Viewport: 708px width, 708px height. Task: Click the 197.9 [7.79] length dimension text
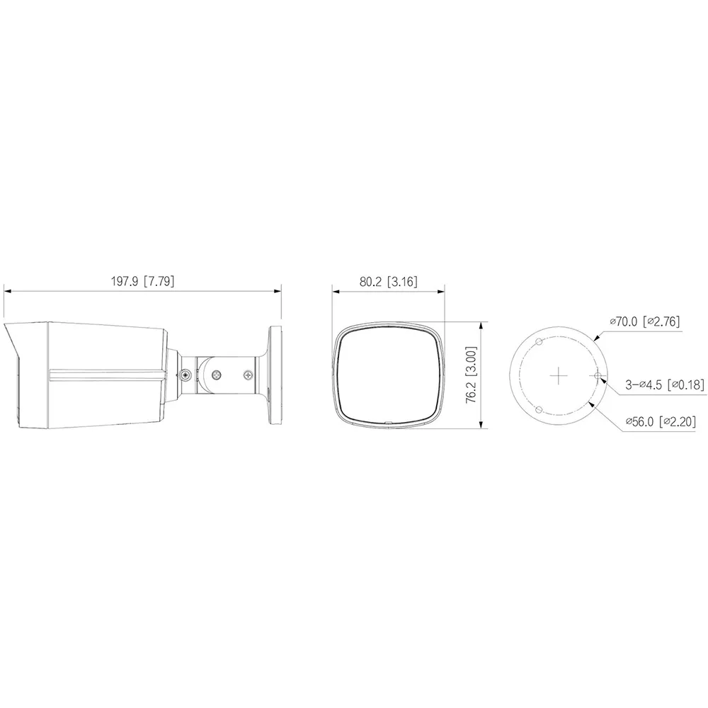point(143,281)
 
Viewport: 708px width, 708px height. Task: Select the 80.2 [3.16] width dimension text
point(388,281)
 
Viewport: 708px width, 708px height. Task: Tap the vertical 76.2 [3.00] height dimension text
point(471,375)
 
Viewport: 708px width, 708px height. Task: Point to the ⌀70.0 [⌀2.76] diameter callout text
point(645,321)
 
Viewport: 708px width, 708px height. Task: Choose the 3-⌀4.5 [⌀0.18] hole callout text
point(665,384)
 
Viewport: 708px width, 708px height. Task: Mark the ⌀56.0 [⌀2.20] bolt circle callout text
point(661,421)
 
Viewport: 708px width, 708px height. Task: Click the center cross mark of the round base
point(559,375)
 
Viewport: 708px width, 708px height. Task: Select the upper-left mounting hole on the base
point(539,341)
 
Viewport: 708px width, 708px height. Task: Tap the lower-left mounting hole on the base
point(538,409)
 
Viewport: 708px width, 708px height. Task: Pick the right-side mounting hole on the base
point(598,375)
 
